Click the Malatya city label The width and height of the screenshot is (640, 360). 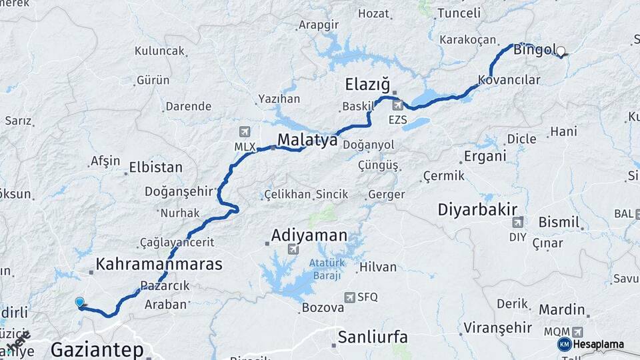tap(307, 140)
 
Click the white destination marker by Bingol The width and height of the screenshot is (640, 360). tap(561, 51)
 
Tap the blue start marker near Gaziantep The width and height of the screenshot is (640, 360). tap(80, 303)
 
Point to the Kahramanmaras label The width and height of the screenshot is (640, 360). tap(159, 265)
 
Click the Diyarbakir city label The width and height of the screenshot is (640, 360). tap(477, 209)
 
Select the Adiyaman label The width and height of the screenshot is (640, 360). tap(309, 235)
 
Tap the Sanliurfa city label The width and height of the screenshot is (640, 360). tap(373, 337)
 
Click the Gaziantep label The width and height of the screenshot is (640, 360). tap(97, 349)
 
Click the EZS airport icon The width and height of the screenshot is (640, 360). tap(398, 105)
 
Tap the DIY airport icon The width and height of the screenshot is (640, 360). tap(517, 221)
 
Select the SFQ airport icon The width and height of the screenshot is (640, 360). tap(349, 297)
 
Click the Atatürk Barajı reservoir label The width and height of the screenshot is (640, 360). tap(325, 269)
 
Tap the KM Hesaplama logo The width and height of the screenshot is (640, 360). tap(591, 344)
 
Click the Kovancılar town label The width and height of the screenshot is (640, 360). tap(509, 79)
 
